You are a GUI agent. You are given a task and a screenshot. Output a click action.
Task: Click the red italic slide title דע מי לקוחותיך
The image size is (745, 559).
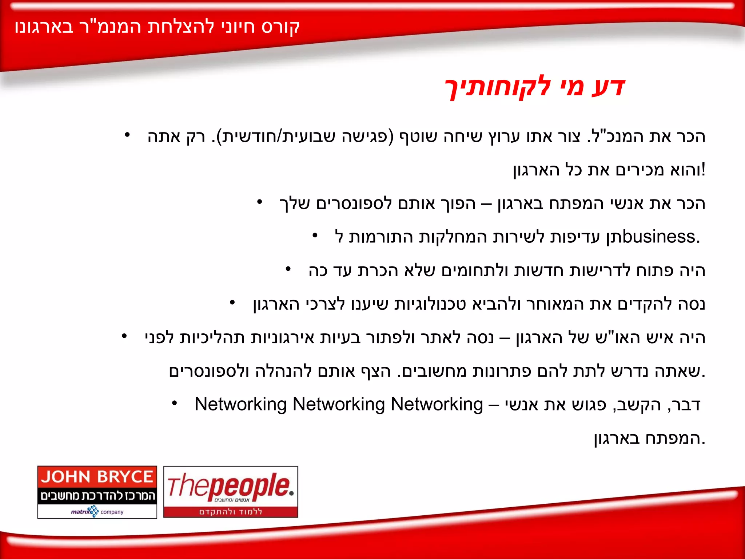(x=535, y=87)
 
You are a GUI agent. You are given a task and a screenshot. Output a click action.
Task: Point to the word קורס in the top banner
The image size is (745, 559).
(x=280, y=27)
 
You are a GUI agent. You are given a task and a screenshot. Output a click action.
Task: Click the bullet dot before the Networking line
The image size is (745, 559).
(x=175, y=403)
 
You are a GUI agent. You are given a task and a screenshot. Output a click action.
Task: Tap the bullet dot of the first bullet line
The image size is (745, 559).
(x=127, y=135)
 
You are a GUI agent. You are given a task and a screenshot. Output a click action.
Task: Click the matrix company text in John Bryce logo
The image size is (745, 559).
(x=97, y=512)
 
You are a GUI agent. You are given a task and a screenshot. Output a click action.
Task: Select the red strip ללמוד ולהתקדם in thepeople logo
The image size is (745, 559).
(x=231, y=512)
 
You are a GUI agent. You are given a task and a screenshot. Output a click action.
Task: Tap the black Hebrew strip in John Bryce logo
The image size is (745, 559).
(x=97, y=496)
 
